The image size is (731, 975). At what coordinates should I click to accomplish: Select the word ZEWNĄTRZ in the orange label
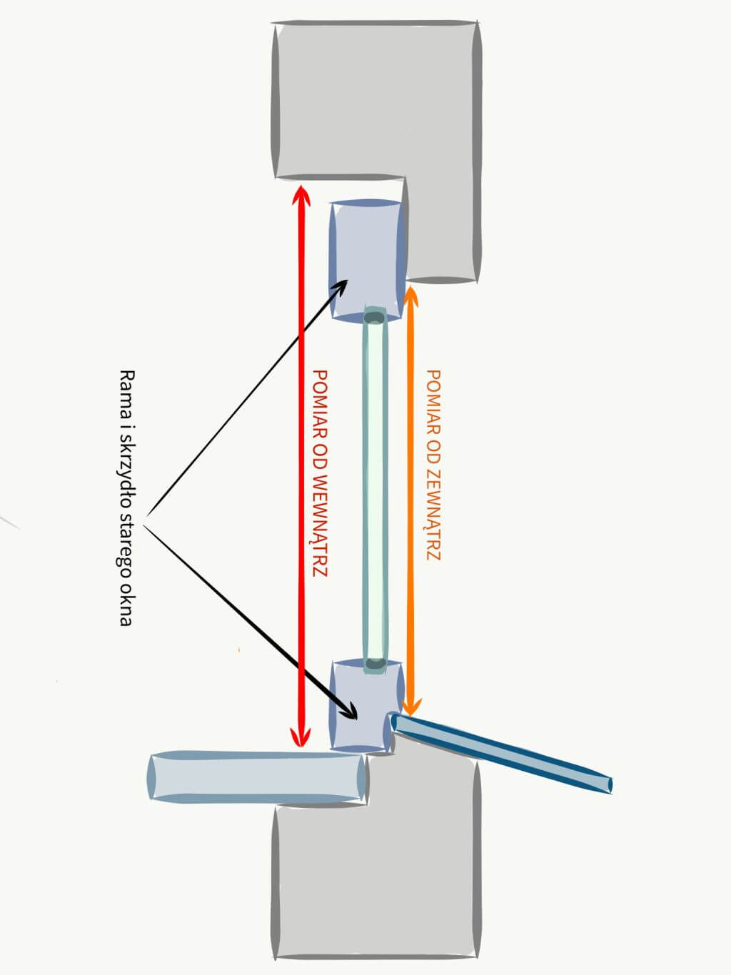coord(433,515)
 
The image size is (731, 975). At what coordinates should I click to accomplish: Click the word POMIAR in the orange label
coord(433,399)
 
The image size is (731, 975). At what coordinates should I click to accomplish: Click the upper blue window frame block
coord(368,261)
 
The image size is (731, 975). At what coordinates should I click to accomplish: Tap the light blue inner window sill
coord(257,777)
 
